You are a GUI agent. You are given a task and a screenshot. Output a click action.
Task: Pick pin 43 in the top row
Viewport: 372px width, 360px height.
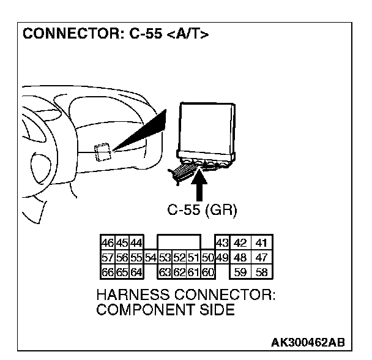[x=222, y=242]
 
